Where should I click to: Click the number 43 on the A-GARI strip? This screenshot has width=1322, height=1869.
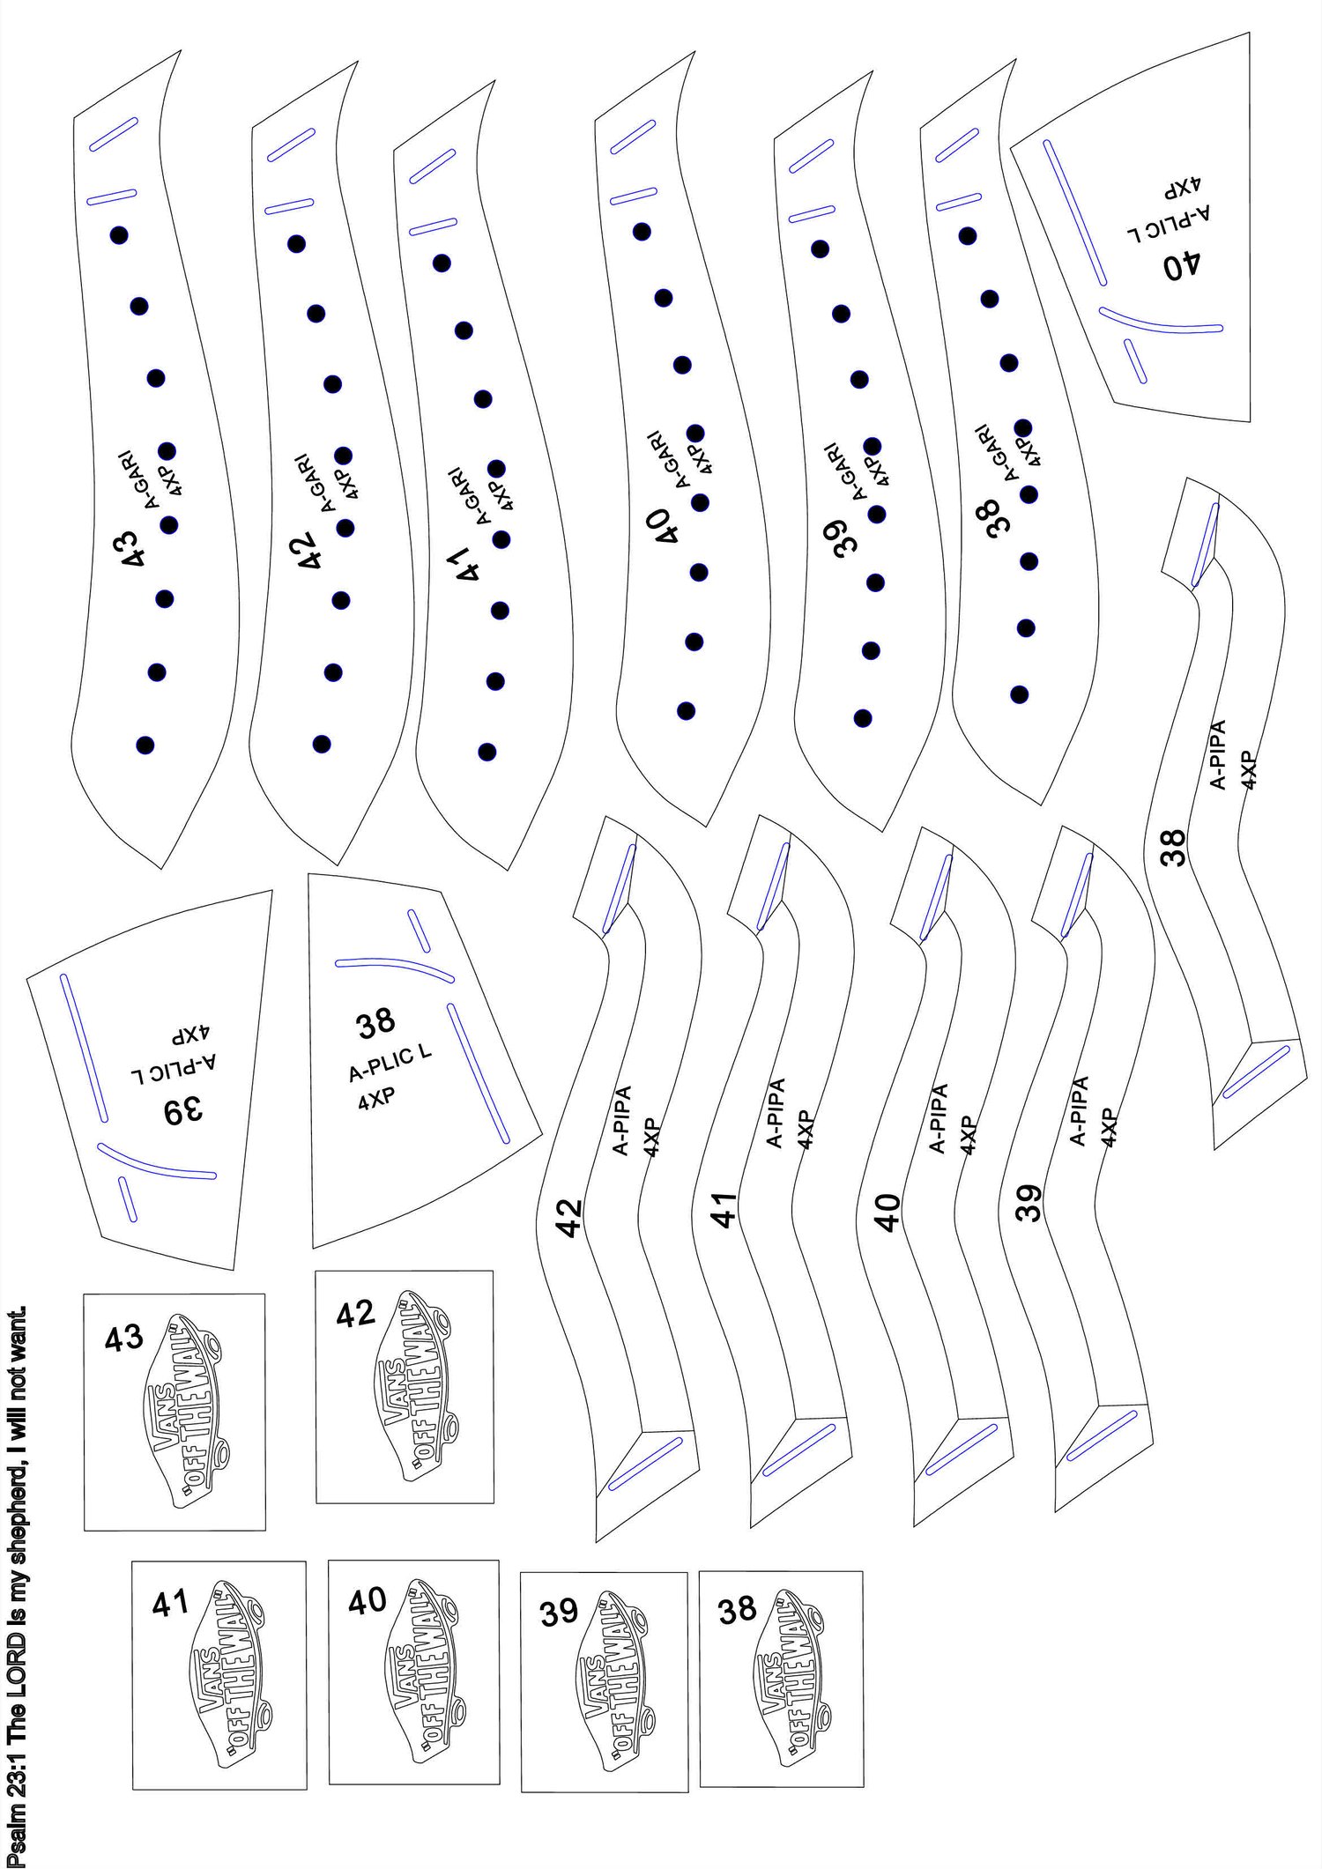point(133,548)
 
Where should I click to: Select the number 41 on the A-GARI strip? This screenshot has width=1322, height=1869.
point(463,562)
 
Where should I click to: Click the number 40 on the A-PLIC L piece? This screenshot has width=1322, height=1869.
point(1181,265)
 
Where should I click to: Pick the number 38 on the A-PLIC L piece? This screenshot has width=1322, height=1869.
point(376,1024)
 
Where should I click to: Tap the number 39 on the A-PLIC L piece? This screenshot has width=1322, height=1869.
point(183,1111)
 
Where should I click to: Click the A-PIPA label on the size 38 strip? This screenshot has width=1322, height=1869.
point(1218,754)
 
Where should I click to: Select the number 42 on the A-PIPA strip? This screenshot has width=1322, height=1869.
point(570,1218)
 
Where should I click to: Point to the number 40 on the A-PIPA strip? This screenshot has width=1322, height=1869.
point(887,1213)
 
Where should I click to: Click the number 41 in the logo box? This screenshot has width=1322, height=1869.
point(170,1603)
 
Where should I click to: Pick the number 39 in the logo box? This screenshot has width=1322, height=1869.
point(559,1613)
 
